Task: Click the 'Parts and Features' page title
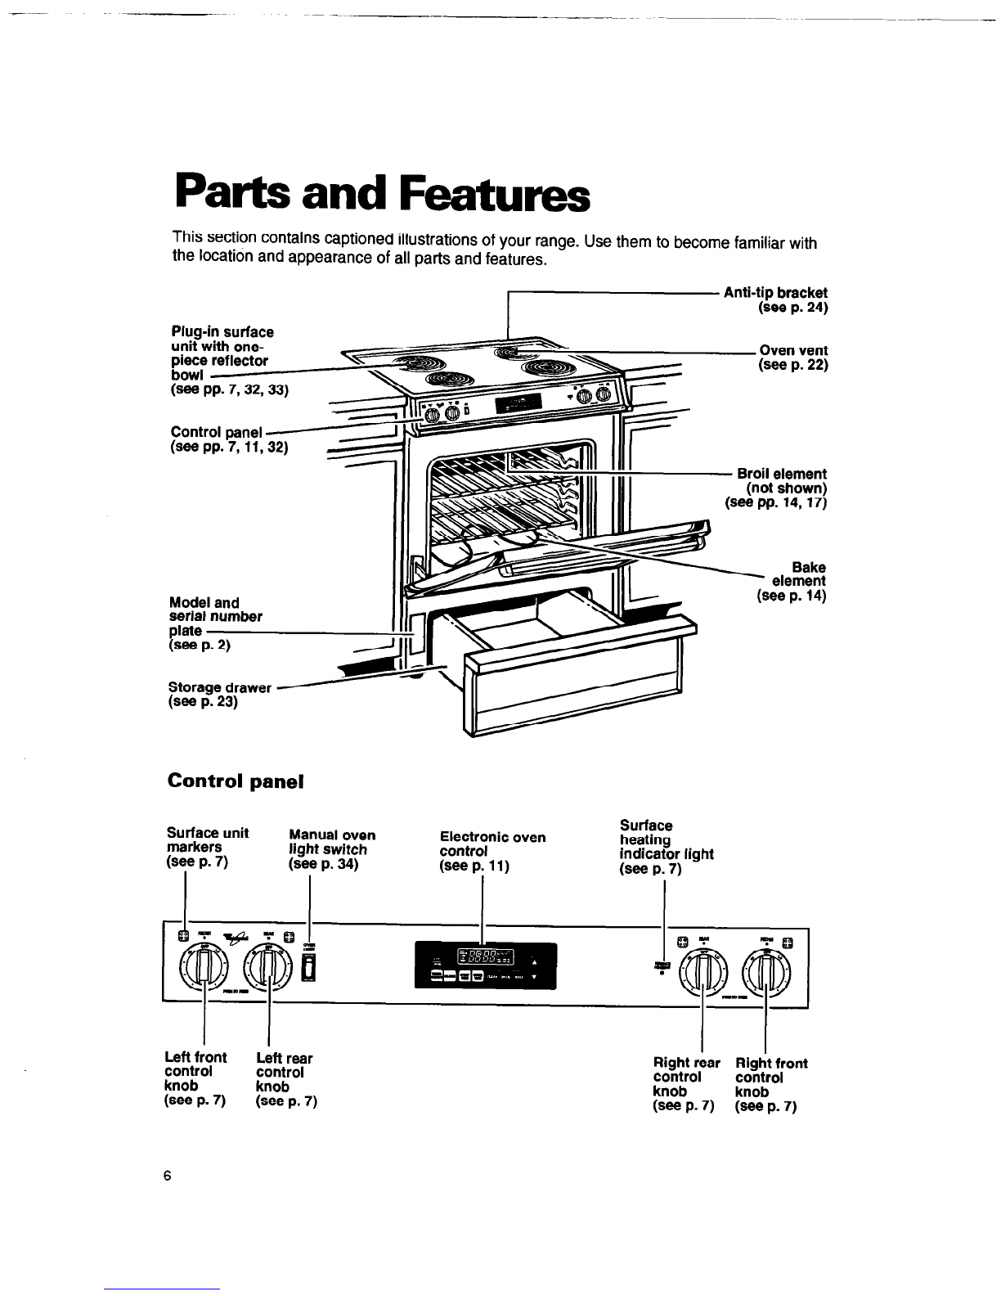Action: coord(379,192)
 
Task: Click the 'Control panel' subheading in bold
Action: coord(236,781)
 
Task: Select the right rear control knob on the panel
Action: coord(702,970)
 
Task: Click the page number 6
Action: coord(167,1177)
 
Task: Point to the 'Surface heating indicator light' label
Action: coord(666,847)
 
